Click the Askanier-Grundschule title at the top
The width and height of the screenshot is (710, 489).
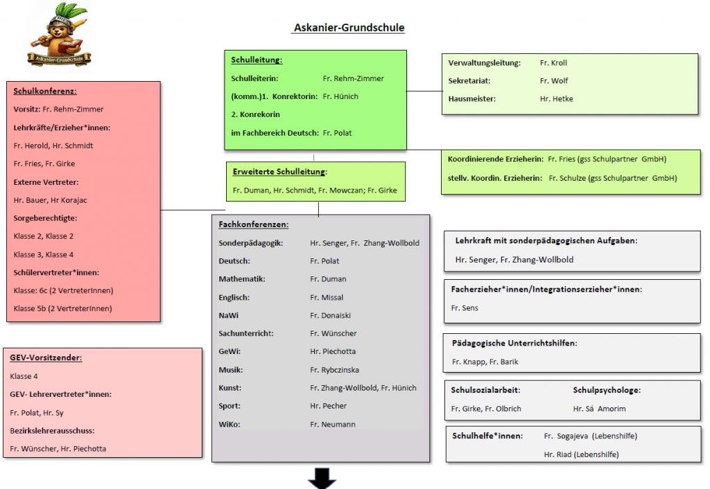pos(349,28)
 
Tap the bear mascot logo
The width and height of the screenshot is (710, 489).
pos(60,35)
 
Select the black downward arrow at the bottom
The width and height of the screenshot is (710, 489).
pos(322,479)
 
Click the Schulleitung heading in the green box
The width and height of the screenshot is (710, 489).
pos(257,60)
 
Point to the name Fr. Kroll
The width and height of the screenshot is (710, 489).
pos(553,63)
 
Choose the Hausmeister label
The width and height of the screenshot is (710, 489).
pos(472,99)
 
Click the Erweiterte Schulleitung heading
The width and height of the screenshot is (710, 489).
pos(279,172)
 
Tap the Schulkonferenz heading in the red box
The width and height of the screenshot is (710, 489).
pos(45,91)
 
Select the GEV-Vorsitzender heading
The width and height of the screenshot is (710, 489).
pos(46,358)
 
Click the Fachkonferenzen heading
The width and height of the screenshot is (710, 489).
pos(254,224)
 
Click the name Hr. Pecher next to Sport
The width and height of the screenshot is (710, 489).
pos(328,406)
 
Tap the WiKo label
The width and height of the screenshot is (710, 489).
pos(230,424)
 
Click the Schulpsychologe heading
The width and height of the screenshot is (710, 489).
pos(607,391)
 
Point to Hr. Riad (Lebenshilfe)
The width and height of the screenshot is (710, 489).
pos(581,454)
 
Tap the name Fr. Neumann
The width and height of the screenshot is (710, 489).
pos(332,424)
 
